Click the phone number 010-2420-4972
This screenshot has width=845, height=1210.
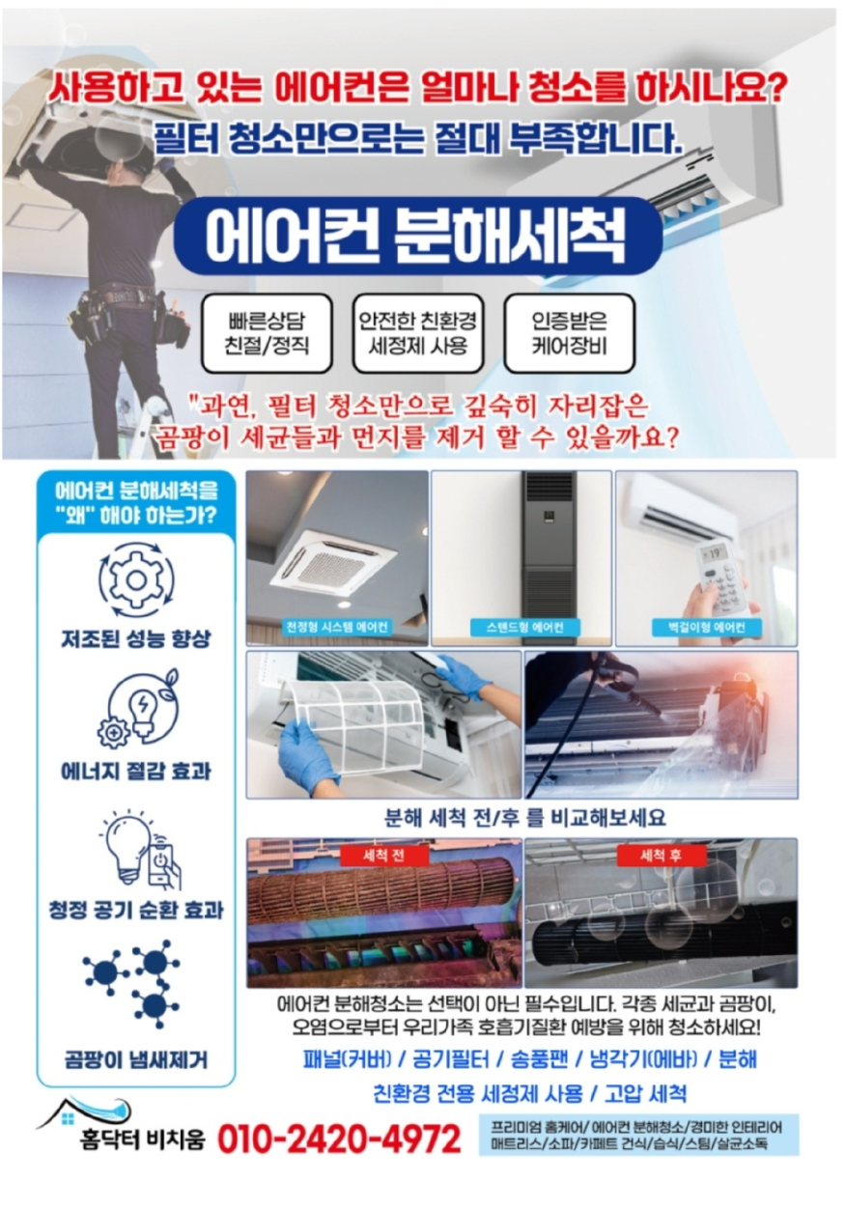339,1140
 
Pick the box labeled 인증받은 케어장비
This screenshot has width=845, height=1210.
569,333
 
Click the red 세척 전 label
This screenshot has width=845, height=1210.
384,856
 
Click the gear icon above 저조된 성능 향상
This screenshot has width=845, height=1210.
136,580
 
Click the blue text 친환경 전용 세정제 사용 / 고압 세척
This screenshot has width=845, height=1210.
529,1093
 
